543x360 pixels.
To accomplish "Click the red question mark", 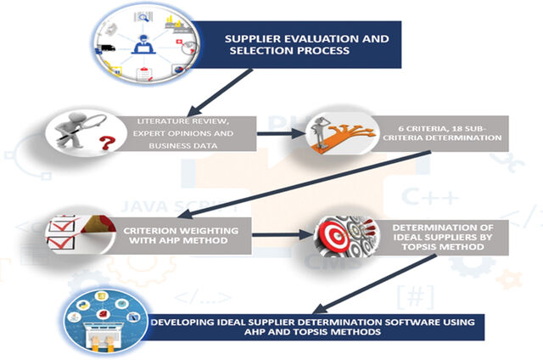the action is [107, 143].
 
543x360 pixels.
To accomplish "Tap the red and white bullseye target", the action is [334, 236].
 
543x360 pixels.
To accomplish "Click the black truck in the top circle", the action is [106, 48].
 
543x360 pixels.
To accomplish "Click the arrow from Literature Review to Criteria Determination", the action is [281, 133].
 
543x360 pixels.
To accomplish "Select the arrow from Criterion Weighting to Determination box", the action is [283, 235].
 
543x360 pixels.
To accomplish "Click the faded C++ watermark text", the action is [430, 197].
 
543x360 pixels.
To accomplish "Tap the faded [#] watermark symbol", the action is [415, 297].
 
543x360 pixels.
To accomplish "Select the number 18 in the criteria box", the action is [455, 128].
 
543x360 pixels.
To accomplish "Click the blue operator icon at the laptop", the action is [143, 44].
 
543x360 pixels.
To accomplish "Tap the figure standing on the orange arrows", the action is [320, 132].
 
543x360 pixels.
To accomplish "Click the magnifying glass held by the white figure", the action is [92, 123].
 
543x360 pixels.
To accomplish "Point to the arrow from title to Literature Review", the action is [220, 93].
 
